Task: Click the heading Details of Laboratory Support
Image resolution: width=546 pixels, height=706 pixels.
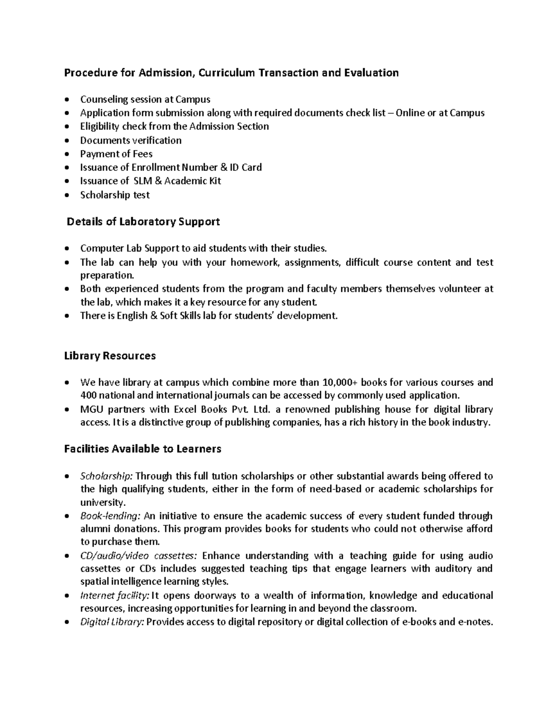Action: (143, 222)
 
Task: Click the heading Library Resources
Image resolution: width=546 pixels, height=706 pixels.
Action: (110, 356)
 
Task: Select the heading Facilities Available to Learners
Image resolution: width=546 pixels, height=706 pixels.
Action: (142, 449)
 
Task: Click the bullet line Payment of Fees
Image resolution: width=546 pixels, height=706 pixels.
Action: (116, 154)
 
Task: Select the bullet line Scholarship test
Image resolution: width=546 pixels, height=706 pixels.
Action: (115, 195)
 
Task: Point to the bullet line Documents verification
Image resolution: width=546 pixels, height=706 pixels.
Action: (131, 140)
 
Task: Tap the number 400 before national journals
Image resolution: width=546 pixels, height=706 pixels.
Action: (88, 395)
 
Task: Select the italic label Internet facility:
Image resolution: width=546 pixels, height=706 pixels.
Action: (114, 596)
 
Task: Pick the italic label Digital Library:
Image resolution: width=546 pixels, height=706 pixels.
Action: (112, 622)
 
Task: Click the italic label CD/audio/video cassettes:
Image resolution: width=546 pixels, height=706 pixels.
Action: (138, 556)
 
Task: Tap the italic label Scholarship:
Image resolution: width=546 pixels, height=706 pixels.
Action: (106, 476)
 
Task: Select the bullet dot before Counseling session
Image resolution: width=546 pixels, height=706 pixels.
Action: (67, 100)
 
